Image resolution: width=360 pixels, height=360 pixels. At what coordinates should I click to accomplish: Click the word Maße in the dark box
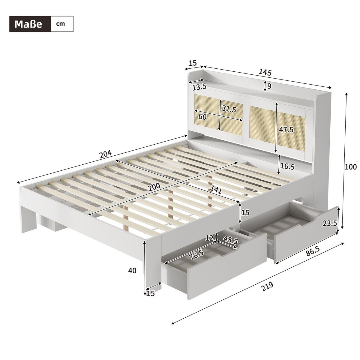click(x=28, y=24)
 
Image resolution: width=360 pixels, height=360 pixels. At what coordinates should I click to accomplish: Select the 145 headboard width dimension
click(x=265, y=72)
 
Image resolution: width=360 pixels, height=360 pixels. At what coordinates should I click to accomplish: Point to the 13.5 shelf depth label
click(x=199, y=87)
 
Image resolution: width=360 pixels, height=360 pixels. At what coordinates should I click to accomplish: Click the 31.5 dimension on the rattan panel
click(x=229, y=109)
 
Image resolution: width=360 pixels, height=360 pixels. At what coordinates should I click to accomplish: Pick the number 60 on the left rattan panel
click(x=202, y=116)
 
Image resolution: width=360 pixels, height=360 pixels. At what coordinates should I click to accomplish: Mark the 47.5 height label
click(x=286, y=130)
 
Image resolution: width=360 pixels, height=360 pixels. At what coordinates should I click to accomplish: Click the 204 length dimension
click(x=105, y=154)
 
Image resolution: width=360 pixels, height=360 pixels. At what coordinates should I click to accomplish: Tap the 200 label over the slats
click(x=154, y=187)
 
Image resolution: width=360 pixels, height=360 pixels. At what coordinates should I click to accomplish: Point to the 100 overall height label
click(x=351, y=167)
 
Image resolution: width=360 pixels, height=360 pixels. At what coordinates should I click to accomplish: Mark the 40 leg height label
click(x=132, y=271)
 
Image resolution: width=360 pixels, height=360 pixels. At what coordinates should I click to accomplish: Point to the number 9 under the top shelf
click(x=269, y=86)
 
